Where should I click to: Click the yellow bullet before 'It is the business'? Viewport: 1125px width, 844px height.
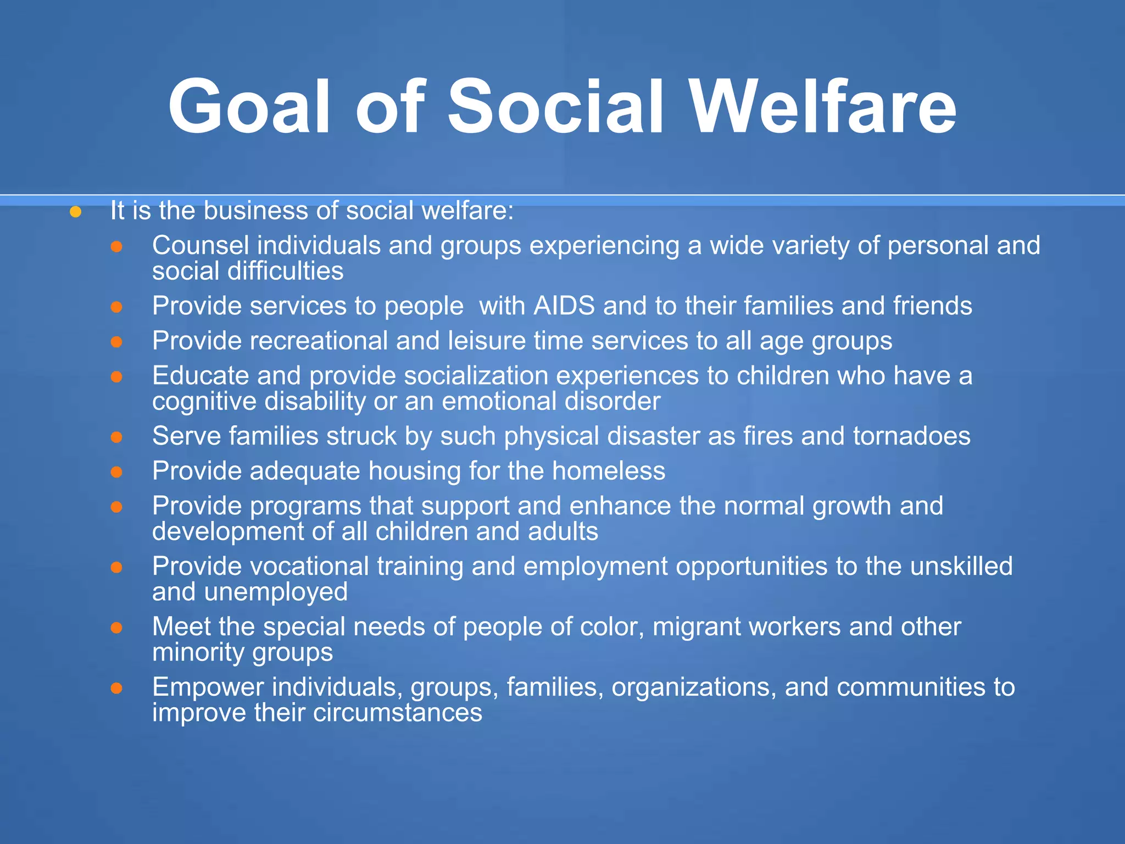[76, 212]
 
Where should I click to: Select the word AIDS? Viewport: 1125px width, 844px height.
[564, 306]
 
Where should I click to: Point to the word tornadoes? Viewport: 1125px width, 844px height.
[911, 436]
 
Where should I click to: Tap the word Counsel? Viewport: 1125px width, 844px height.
[201, 245]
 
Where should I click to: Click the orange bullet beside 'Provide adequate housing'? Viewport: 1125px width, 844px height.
[116, 472]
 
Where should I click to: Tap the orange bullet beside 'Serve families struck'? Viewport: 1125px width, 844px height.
[116, 437]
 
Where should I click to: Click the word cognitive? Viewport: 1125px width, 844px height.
[204, 402]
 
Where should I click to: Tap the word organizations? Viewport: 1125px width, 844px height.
[690, 687]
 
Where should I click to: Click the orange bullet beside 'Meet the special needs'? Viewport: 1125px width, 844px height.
[116, 628]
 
